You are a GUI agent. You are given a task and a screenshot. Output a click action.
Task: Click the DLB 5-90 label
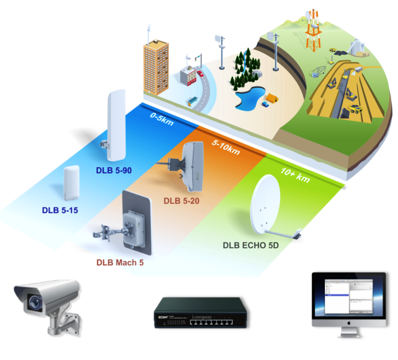point(114,170)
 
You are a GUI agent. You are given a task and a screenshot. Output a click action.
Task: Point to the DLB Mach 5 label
point(120,263)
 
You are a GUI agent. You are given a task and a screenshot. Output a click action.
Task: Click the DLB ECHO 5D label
point(250,245)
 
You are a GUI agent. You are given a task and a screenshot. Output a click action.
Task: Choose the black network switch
point(199,312)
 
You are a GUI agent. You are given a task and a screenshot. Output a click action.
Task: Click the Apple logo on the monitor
point(348,322)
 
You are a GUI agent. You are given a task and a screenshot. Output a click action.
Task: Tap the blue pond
point(248,96)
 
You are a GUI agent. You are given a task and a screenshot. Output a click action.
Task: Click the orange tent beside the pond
point(272,97)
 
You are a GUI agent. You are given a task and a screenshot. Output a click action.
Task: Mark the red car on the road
point(199,73)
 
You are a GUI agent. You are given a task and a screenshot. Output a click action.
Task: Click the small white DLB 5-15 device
point(72,183)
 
